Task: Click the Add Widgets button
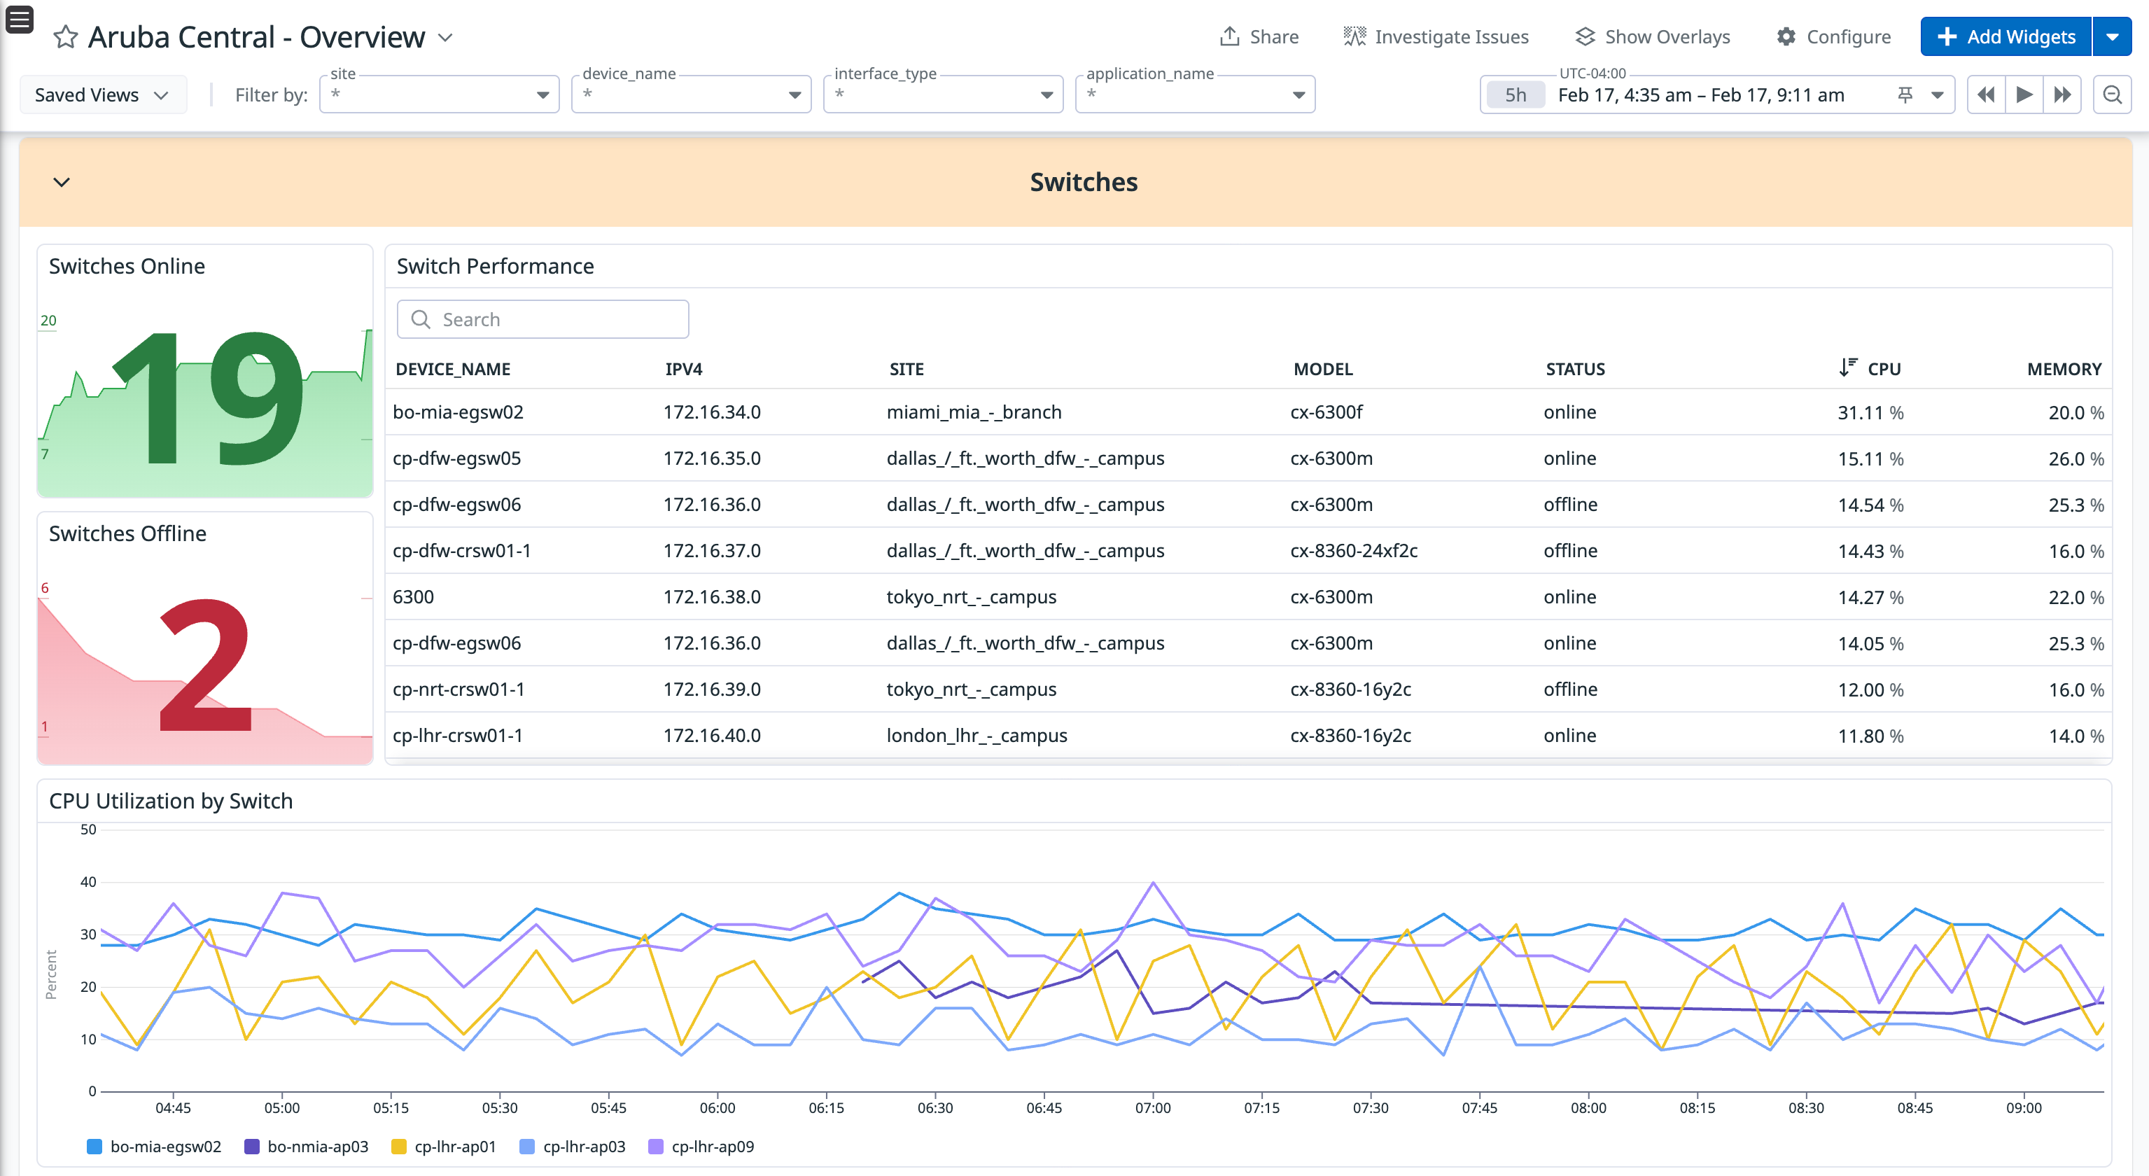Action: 2005,36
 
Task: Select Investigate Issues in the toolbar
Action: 1436,36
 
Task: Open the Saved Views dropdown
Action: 101,95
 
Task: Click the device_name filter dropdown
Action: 691,95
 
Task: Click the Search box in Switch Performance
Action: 543,319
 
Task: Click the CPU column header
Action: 1883,369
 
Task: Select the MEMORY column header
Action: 2063,369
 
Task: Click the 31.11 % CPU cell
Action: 1870,413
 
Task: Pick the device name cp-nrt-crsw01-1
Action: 458,689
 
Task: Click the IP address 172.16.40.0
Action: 712,736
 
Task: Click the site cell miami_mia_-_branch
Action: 974,413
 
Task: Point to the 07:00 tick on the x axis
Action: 1153,1108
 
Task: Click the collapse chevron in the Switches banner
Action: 62,182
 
